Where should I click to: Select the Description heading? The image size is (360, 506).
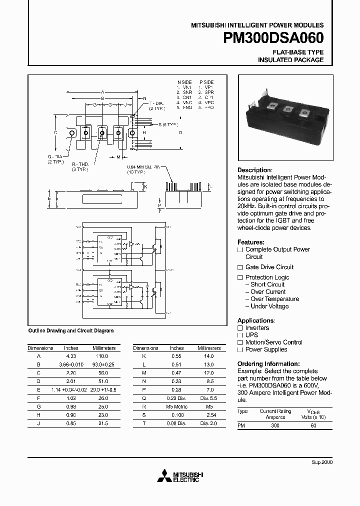[x=254, y=170]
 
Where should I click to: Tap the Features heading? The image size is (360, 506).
[x=251, y=241]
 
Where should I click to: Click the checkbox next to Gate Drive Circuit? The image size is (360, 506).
[x=240, y=267]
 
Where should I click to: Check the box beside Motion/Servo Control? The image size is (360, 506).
[x=240, y=342]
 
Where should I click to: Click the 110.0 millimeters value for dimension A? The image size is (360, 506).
[x=102, y=356]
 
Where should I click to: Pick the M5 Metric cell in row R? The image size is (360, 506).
[x=176, y=407]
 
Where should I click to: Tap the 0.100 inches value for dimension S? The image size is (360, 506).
[x=176, y=415]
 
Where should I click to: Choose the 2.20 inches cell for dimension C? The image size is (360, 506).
[x=71, y=373]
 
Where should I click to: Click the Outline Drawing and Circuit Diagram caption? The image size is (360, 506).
[x=70, y=330]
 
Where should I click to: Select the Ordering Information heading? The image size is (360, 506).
[x=268, y=364]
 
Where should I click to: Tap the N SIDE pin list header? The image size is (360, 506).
[x=184, y=82]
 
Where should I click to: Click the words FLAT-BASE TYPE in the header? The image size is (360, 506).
[x=297, y=52]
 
